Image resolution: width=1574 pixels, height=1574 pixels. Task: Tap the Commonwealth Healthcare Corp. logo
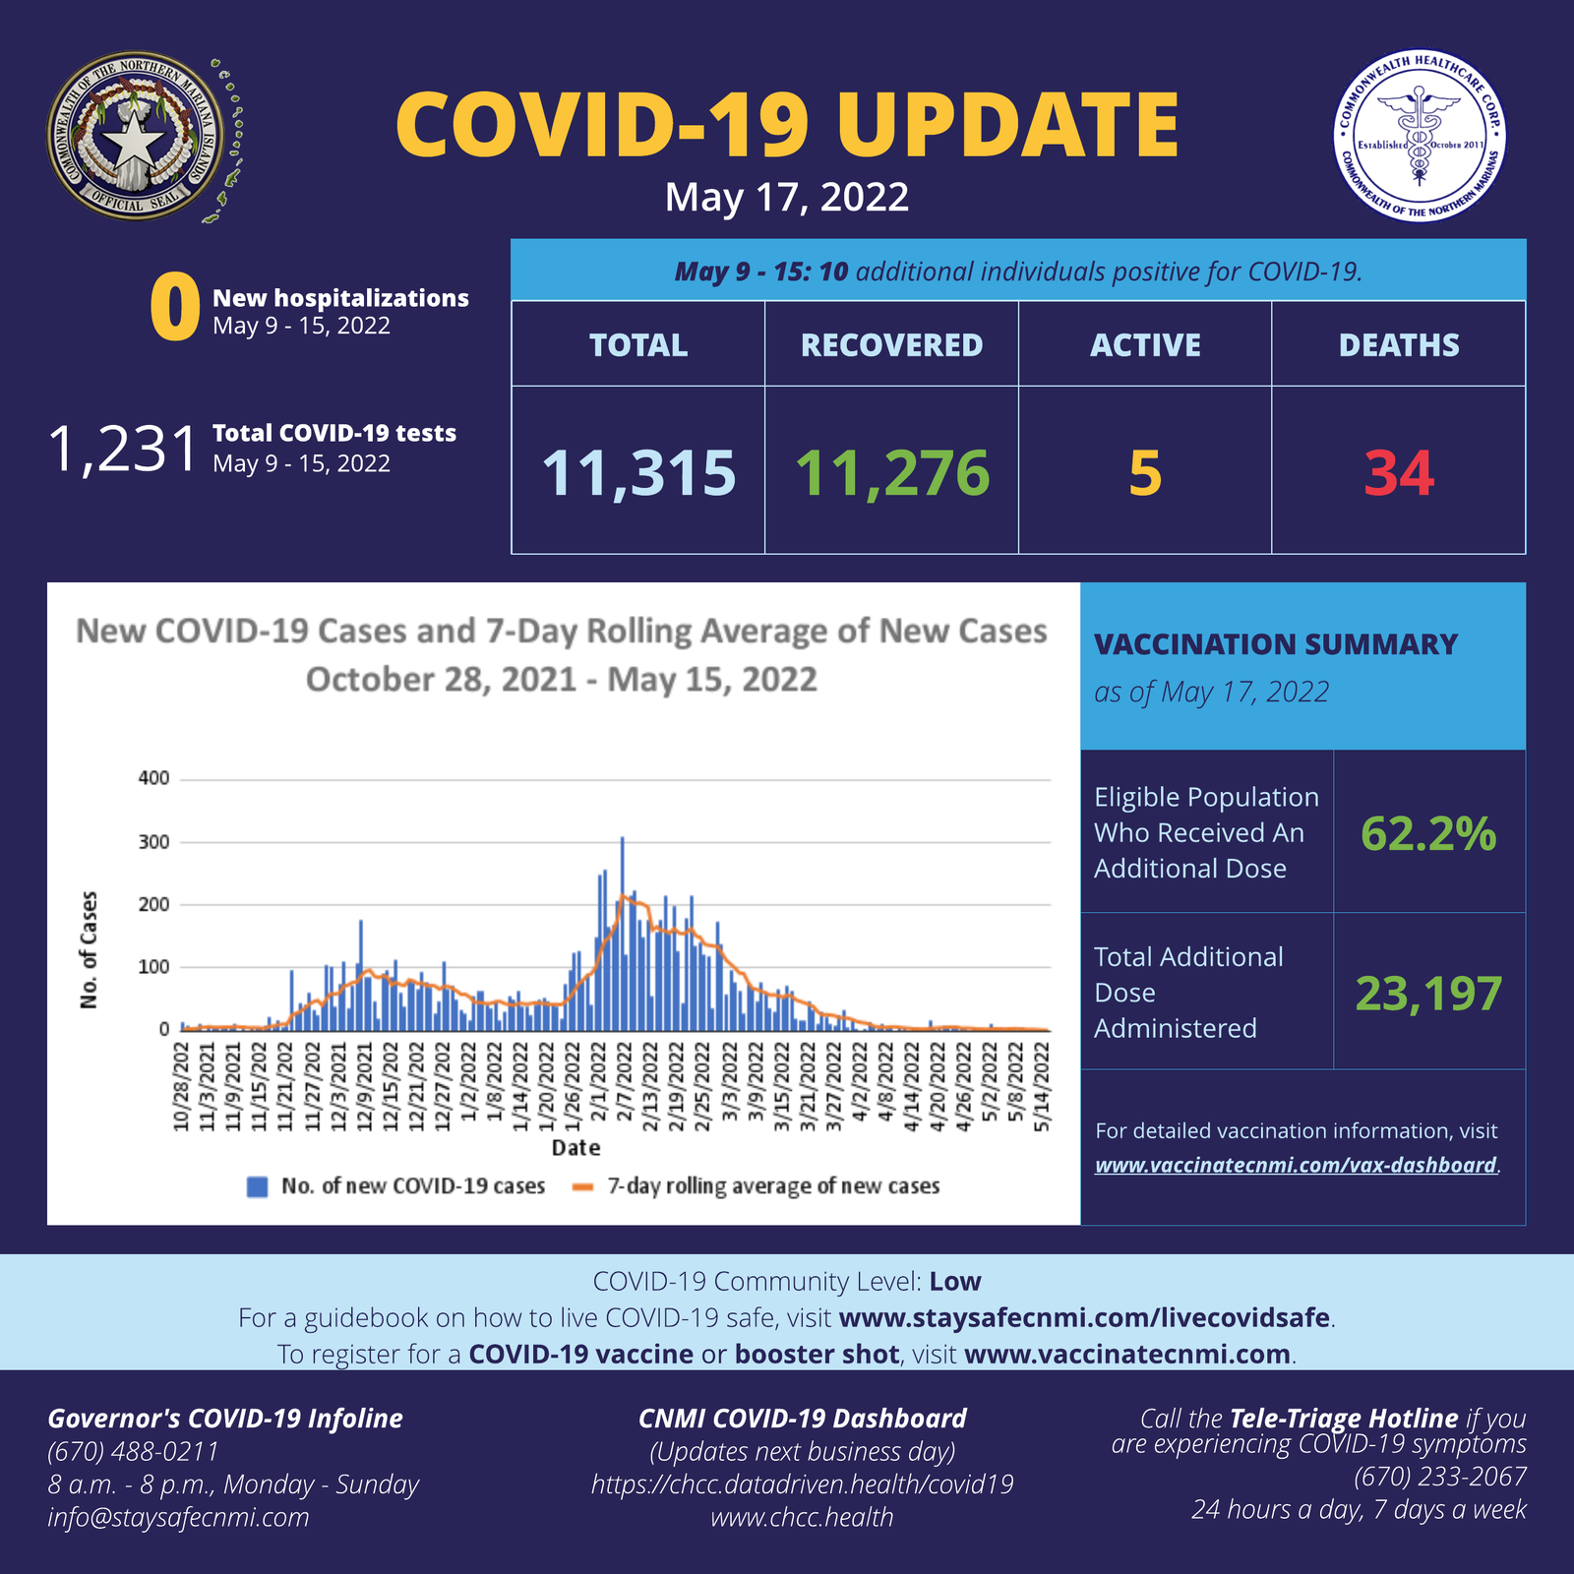pos(1419,136)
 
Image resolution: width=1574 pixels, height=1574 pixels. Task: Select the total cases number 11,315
pos(638,473)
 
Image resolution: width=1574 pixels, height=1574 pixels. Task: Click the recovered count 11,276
pos(891,473)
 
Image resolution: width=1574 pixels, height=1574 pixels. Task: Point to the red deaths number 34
pos(1398,473)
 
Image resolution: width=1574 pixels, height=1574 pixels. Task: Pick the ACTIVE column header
pos(1145,345)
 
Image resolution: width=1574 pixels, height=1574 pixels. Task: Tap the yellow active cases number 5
pos(1145,473)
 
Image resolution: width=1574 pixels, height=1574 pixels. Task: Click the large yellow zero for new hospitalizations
pos(175,309)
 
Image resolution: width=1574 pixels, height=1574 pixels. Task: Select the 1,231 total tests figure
pos(123,450)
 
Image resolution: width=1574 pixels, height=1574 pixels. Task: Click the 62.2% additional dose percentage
pos(1428,834)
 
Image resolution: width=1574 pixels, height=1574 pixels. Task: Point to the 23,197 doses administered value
pos(1428,994)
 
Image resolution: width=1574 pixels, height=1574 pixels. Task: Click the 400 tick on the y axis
pos(154,778)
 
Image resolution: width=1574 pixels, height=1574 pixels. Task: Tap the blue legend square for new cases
pos(258,1186)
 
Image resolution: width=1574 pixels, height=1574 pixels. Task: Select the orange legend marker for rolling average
pos(583,1186)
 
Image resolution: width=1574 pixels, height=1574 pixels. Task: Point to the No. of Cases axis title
pos(90,949)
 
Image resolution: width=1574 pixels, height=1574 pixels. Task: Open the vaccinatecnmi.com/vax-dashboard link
pos(1296,1166)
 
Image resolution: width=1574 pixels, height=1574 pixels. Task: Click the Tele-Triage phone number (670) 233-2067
pos(1440,1477)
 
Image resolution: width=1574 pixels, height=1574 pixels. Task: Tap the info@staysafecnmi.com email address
pos(179,1517)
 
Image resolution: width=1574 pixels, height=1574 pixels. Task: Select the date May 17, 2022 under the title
pos(786,198)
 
